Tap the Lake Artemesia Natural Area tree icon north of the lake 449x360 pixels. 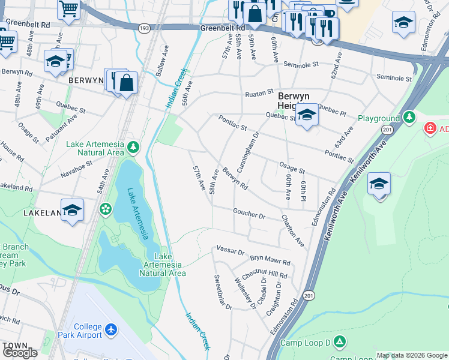click(133, 146)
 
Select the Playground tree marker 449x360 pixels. click(409, 118)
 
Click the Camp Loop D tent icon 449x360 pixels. click(340, 342)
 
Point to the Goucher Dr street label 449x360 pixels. click(249, 214)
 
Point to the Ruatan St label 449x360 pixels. click(259, 95)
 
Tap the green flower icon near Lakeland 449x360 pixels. click(106, 209)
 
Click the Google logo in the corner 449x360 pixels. click(20, 353)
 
